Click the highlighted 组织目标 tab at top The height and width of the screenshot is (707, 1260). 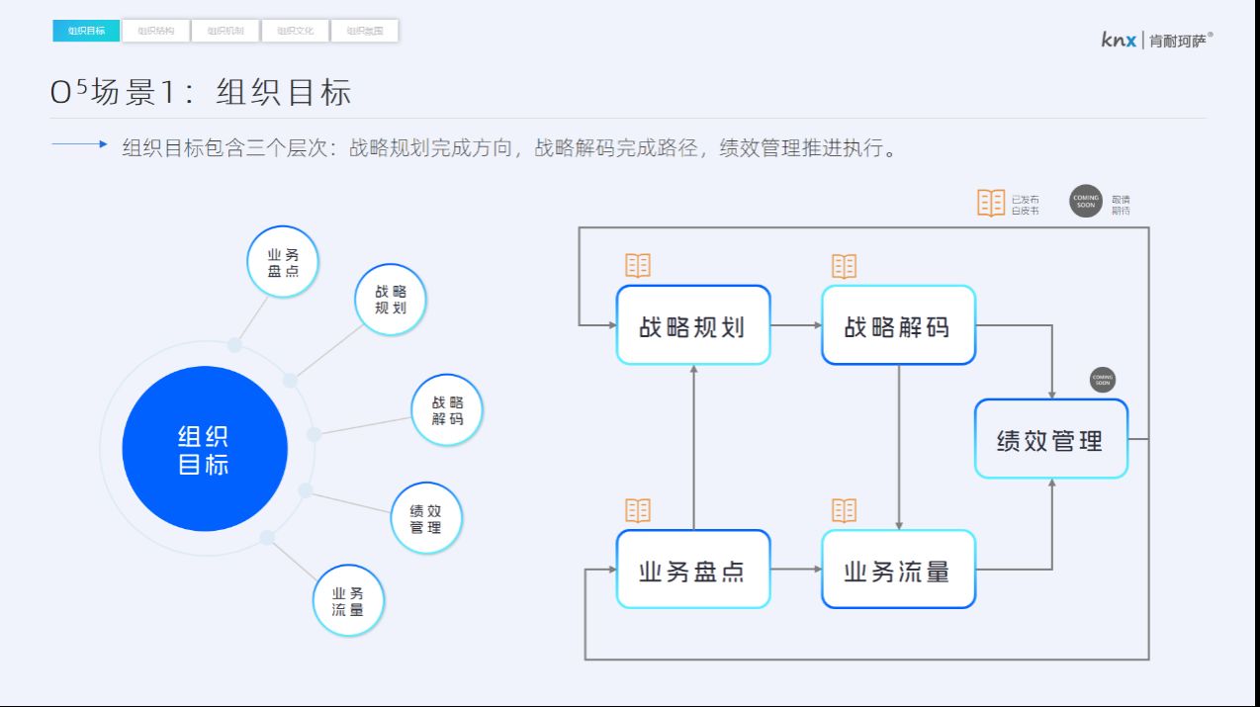(86, 31)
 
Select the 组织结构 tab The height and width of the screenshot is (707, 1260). (156, 31)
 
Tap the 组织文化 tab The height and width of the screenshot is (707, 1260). (295, 31)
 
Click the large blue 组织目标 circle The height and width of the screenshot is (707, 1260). (205, 449)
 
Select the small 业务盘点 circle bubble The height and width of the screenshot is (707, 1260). (282, 262)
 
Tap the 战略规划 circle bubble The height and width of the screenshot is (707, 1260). (391, 300)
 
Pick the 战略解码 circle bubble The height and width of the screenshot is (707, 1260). (447, 410)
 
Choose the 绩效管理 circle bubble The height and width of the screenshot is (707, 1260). (425, 519)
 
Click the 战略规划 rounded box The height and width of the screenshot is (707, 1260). (692, 325)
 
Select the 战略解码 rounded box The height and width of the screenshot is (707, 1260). (898, 325)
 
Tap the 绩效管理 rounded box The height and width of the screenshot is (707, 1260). (1050, 439)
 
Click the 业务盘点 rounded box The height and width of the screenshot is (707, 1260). (692, 570)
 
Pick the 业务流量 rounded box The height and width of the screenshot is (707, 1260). (898, 570)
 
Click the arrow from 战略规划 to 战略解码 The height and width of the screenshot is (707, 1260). (796, 324)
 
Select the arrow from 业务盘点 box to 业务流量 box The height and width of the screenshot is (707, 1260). (796, 569)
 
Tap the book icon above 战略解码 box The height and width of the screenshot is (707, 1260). (844, 266)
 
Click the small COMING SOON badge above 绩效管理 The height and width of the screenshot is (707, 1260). (1102, 380)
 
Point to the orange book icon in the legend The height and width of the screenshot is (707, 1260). (991, 203)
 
